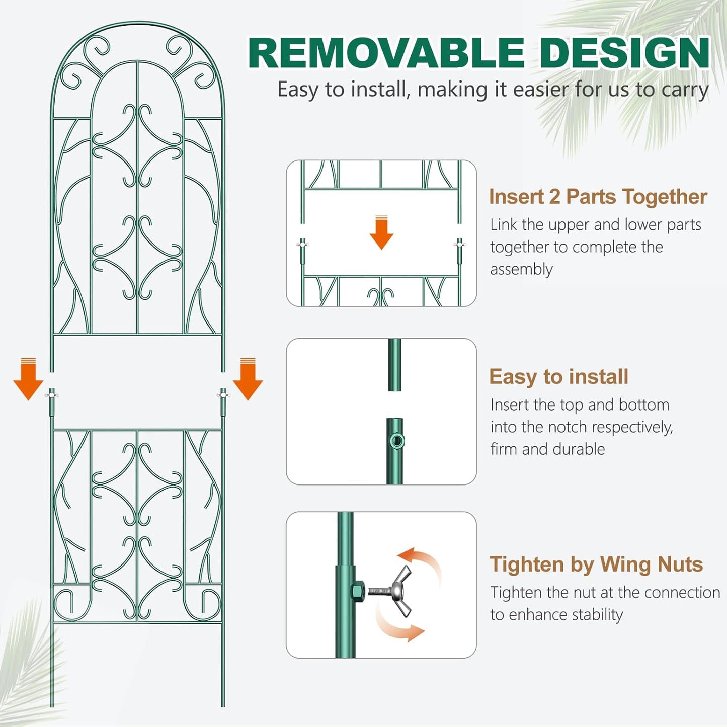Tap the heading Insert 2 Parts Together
tap(598, 197)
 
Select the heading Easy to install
tap(558, 377)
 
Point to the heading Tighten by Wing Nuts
tap(596, 564)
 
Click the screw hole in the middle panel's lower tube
tap(396, 442)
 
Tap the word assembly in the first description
tap(521, 269)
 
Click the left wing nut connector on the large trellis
tap(51, 395)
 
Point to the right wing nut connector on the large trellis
tap(223, 395)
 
